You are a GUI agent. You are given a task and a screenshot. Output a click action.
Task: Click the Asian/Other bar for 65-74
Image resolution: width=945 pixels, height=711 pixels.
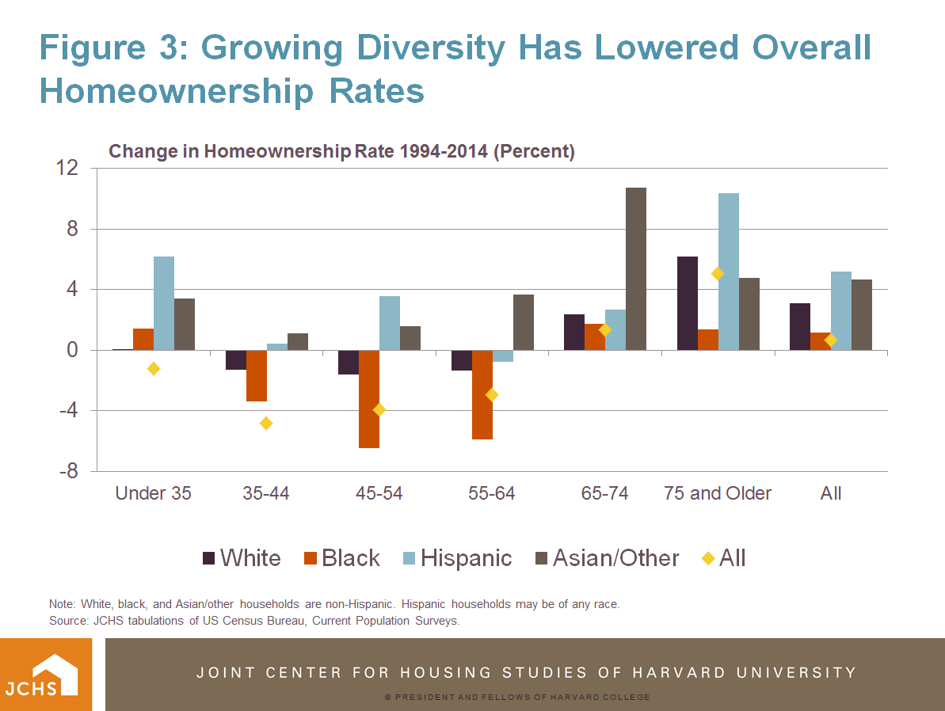tap(636, 268)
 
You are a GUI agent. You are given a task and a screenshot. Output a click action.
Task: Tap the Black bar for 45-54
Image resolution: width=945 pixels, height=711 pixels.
tap(368, 399)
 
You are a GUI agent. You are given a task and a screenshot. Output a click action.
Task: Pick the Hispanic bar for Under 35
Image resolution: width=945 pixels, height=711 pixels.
tap(164, 303)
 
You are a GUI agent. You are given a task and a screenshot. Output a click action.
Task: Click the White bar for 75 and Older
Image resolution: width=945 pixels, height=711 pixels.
tap(688, 303)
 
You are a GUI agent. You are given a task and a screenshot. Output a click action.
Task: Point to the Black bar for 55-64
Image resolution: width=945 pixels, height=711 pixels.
tap(482, 394)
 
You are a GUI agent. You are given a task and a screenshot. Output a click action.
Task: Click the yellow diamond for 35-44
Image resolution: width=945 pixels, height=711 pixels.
tap(266, 423)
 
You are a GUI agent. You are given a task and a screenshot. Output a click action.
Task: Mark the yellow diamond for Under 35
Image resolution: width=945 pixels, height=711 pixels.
tap(154, 368)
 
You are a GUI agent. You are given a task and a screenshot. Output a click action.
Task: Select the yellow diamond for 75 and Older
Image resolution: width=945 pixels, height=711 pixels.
tap(718, 274)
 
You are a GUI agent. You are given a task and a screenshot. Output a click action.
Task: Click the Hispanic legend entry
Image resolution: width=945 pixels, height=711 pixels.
tap(455, 558)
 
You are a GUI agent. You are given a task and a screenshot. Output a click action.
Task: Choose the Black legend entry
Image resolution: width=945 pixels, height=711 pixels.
tap(341, 558)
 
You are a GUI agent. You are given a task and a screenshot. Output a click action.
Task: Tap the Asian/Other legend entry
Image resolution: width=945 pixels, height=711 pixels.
tap(605, 558)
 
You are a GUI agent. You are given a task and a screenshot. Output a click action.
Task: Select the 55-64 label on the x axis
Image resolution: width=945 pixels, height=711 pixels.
tap(491, 493)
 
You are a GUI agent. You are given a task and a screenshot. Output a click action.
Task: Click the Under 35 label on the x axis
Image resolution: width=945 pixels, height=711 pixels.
tap(153, 493)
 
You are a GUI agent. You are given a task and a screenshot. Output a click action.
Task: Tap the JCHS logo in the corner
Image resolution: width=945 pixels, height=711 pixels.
tap(46, 674)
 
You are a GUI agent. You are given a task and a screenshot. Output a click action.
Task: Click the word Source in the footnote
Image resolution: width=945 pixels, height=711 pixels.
tap(67, 621)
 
